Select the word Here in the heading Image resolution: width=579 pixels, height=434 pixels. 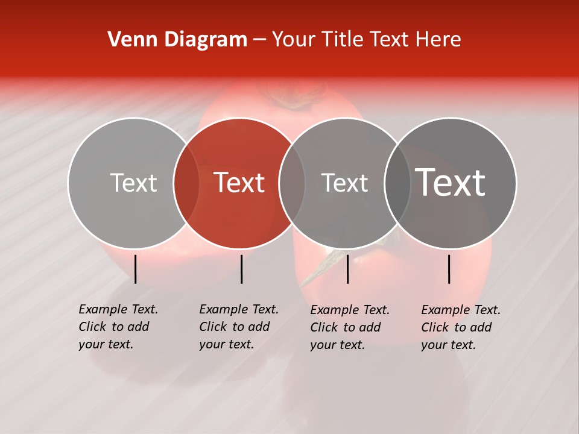[438, 40]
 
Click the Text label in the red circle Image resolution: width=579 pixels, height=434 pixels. [239, 183]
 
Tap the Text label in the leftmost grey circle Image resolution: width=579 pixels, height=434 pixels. [133, 183]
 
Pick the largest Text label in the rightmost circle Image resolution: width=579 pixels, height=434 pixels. [451, 183]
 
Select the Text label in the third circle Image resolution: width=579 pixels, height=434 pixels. [344, 183]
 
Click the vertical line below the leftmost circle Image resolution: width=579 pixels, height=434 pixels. [136, 269]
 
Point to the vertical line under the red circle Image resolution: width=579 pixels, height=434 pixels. [241, 269]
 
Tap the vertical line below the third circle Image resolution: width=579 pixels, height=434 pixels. [347, 269]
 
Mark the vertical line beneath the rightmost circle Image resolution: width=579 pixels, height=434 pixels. [449, 269]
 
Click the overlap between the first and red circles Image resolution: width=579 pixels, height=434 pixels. [186, 183]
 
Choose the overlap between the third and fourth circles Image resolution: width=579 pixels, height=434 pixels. [397, 183]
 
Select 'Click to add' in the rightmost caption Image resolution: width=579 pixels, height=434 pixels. [457, 327]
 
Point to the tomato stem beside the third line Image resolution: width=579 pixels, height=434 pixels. [320, 268]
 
